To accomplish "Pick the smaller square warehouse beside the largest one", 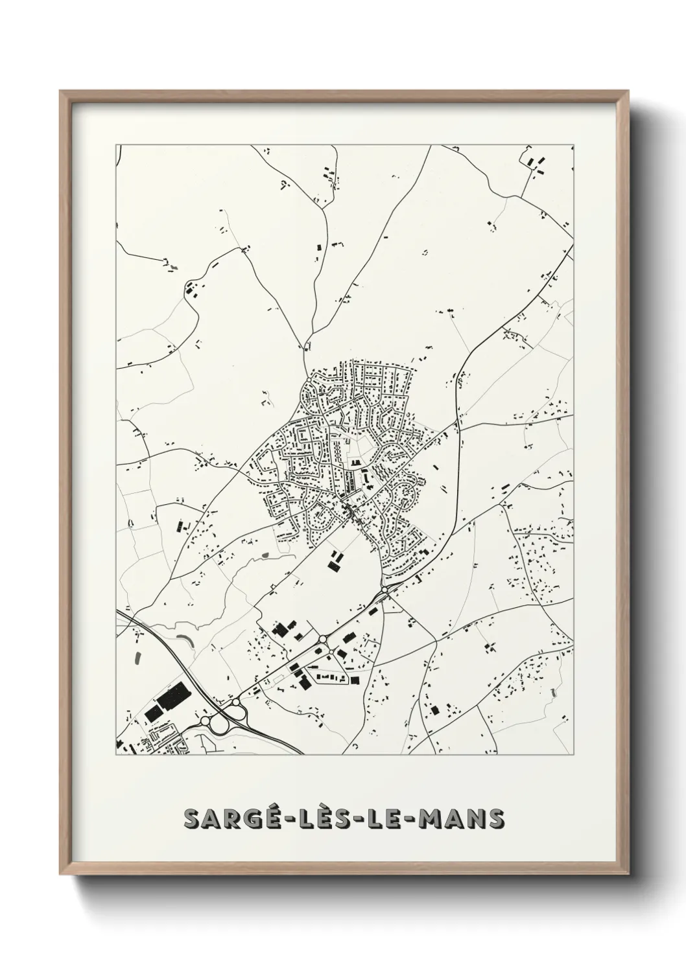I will tap(154, 713).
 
